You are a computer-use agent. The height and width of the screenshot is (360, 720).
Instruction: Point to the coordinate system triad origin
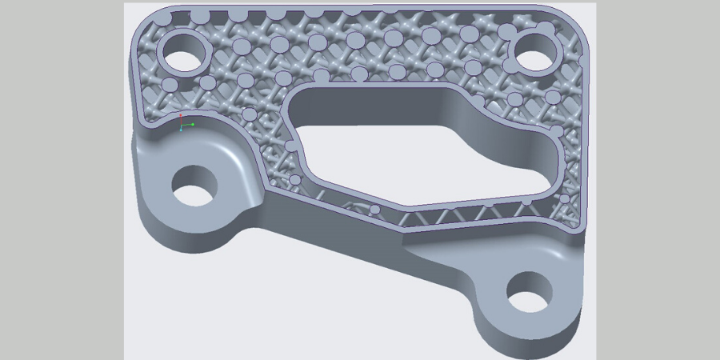182,126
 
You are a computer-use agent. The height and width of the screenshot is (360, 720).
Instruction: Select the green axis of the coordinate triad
190,124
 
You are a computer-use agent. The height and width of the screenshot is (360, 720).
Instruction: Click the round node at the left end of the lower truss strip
374,210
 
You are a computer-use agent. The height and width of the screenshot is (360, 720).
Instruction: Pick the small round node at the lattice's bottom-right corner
565,198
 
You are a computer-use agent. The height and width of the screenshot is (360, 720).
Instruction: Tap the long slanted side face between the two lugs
336,240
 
